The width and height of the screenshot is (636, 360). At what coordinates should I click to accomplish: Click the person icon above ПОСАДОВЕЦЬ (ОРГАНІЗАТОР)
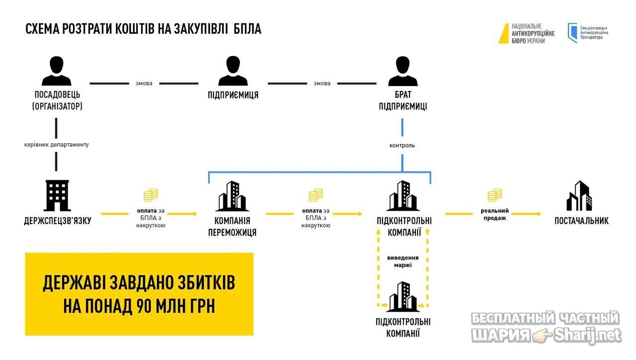[57, 71]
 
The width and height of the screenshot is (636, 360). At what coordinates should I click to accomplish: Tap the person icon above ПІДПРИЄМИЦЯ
[233, 71]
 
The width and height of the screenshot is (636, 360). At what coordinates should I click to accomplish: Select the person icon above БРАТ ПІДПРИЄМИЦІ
[402, 71]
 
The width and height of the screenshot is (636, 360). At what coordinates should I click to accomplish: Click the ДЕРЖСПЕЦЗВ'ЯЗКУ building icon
[57, 195]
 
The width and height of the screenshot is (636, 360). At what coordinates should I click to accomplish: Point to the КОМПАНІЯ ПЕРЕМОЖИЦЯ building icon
[232, 196]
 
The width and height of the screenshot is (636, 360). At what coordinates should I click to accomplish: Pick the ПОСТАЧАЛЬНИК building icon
[579, 195]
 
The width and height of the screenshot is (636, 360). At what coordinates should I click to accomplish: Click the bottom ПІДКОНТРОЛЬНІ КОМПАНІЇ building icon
[403, 296]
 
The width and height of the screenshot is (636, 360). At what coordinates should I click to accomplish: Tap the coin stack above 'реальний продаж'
[494, 195]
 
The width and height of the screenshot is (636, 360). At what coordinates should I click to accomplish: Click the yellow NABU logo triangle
[504, 33]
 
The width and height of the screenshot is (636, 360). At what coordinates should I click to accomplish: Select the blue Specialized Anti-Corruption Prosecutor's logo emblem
[572, 33]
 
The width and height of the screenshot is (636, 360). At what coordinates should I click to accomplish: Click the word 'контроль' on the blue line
[402, 146]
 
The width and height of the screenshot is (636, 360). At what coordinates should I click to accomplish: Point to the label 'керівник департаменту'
[57, 145]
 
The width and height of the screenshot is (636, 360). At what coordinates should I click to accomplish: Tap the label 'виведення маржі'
[402, 262]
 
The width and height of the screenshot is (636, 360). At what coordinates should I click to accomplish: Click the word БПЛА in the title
[247, 29]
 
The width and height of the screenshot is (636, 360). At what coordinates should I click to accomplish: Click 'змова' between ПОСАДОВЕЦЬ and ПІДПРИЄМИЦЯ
[144, 84]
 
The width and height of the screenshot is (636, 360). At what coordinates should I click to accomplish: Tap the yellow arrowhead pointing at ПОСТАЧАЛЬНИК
[538, 214]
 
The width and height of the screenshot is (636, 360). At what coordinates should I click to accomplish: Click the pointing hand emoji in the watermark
[542, 335]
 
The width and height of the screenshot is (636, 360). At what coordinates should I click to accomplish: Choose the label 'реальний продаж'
[494, 214]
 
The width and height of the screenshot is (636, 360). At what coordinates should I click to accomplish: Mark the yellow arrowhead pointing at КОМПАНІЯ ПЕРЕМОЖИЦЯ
[194, 214]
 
